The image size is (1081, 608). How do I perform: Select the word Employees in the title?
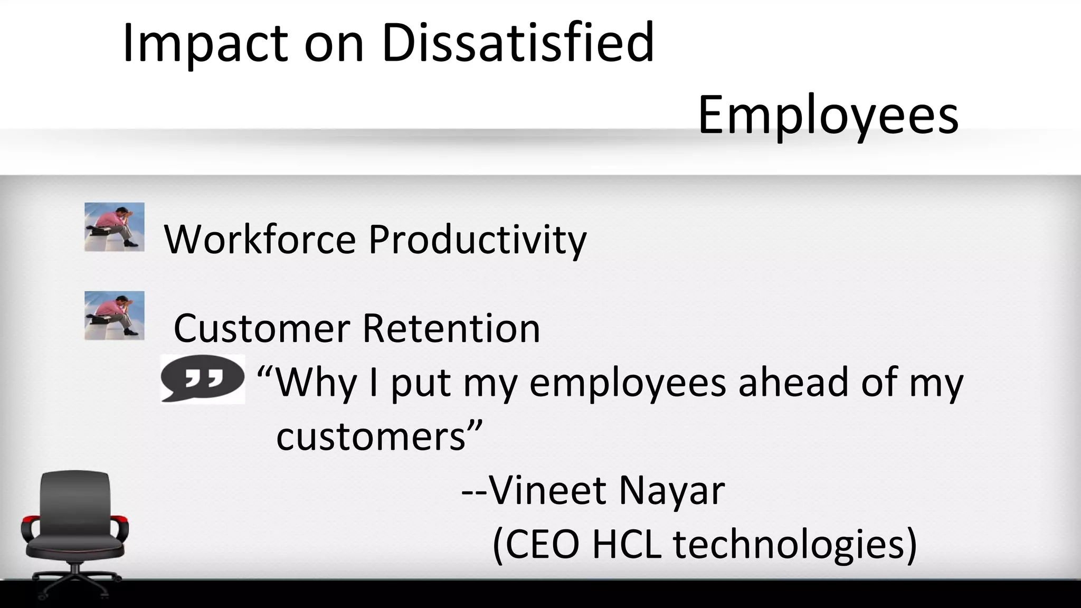828,115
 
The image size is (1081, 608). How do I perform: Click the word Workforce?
260,240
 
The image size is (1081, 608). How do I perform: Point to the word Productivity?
477,241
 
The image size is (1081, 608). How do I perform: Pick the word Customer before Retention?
262,328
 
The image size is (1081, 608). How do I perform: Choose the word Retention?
451,328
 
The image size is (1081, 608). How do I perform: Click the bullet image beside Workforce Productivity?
115,227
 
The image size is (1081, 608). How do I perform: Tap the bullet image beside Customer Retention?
115,316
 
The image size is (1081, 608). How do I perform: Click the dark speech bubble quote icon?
203,378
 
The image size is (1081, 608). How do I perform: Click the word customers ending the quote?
372,437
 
